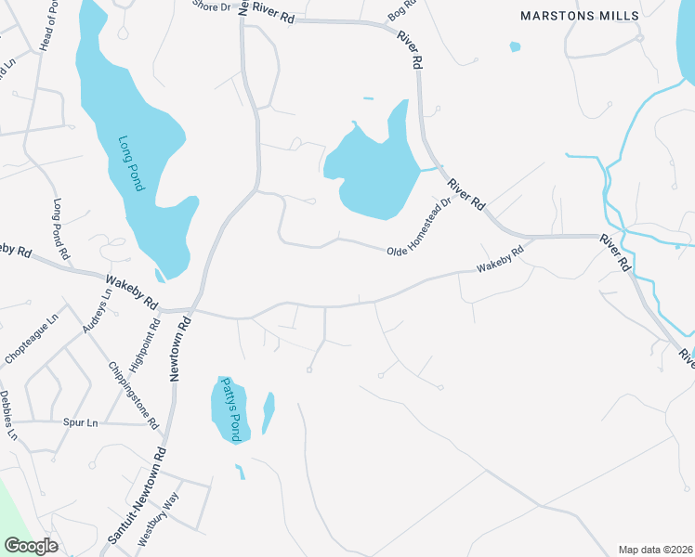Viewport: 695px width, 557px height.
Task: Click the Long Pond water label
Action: point(132,164)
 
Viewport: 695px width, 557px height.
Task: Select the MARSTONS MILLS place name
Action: point(580,16)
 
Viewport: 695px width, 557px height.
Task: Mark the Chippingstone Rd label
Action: point(132,395)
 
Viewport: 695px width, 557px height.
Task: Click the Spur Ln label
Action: point(81,422)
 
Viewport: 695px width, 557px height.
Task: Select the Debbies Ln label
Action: point(9,415)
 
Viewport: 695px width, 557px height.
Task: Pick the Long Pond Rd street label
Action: point(61,228)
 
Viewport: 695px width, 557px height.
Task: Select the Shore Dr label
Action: point(211,6)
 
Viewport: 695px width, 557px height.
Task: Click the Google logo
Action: point(30,546)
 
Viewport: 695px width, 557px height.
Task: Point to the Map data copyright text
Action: point(655,550)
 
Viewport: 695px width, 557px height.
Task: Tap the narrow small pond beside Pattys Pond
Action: point(269,412)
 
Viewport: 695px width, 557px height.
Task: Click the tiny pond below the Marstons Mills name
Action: point(515,46)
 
